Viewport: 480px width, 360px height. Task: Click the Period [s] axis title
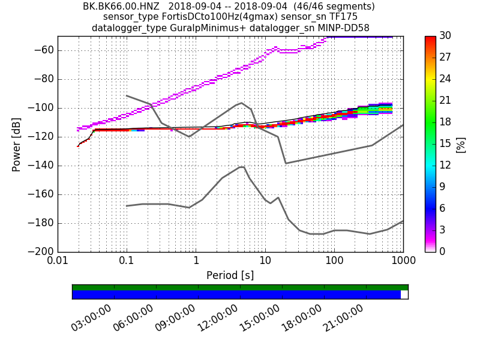coord(230,275)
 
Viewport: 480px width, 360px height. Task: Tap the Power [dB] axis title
coord(17,144)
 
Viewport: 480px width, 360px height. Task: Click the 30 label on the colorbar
coord(445,37)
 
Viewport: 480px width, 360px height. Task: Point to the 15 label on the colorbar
coord(445,144)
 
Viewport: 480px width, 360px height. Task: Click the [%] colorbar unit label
coord(461,144)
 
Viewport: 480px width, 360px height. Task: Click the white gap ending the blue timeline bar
coord(404,295)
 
